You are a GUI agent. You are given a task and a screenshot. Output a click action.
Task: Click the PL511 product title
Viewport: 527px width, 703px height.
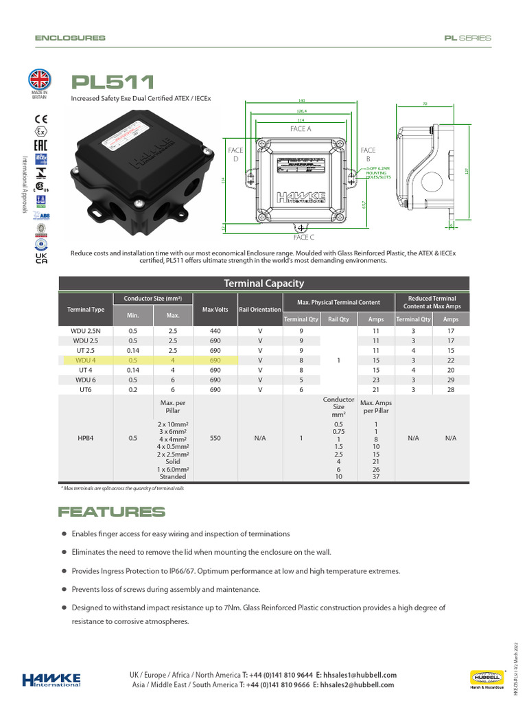click(113, 82)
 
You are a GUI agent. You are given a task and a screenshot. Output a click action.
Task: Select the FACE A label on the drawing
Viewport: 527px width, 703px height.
click(301, 128)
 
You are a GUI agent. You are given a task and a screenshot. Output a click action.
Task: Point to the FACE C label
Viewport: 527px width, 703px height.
click(303, 237)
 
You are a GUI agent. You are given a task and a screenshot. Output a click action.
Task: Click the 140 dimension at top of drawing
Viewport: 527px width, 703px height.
click(301, 101)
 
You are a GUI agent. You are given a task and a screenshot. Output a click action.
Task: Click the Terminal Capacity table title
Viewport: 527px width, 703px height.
click(264, 284)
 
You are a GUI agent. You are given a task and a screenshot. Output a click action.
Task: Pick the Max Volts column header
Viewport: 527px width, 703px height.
click(215, 310)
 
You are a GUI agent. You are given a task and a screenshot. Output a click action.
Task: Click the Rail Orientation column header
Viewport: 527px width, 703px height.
click(260, 310)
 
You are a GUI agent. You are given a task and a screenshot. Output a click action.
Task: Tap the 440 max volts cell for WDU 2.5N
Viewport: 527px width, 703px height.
click(215, 331)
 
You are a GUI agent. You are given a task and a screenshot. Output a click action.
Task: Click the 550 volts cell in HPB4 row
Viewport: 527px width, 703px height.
click(215, 438)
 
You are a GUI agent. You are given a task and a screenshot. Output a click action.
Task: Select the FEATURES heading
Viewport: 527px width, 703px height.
click(112, 512)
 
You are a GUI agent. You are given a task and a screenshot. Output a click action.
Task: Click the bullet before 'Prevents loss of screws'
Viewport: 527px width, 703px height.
click(65, 589)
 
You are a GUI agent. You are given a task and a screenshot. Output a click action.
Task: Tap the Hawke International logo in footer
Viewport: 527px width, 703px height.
click(52, 680)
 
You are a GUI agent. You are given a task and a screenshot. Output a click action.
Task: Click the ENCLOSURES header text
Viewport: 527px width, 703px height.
click(70, 38)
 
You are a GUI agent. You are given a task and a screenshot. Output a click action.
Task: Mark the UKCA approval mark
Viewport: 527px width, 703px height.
click(40, 258)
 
